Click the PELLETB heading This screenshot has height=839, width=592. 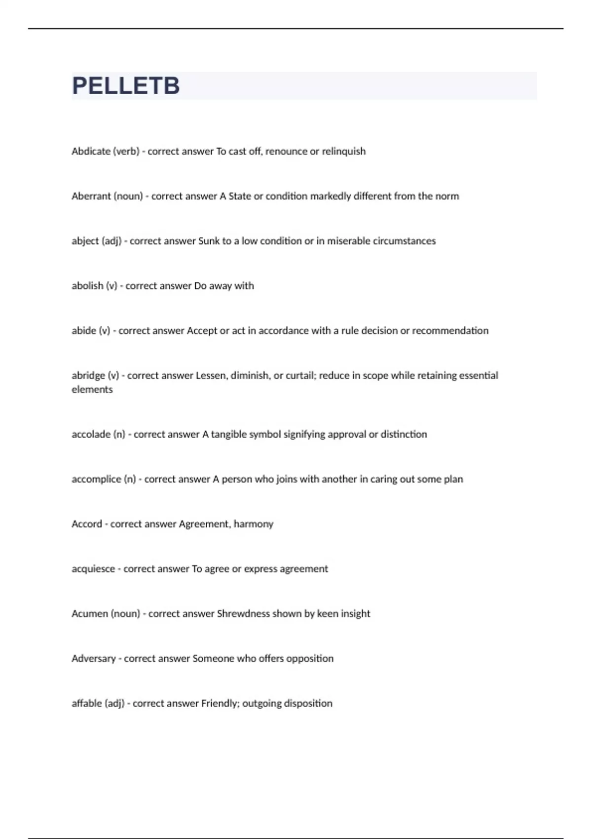pyautogui.click(x=126, y=86)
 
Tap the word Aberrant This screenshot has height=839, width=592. pyautogui.click(x=91, y=196)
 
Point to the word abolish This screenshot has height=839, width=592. pyautogui.click(x=87, y=286)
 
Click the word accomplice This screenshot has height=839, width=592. pyautogui.click(x=96, y=479)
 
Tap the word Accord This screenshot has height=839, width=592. pyautogui.click(x=87, y=524)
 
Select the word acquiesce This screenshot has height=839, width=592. pyautogui.click(x=93, y=569)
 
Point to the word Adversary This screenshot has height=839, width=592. pyautogui.click(x=93, y=658)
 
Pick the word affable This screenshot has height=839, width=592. pyautogui.click(x=87, y=703)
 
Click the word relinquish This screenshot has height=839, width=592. pyautogui.click(x=344, y=151)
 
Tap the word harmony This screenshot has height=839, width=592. pyautogui.click(x=253, y=524)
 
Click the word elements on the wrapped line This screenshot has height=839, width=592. pyautogui.click(x=92, y=389)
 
